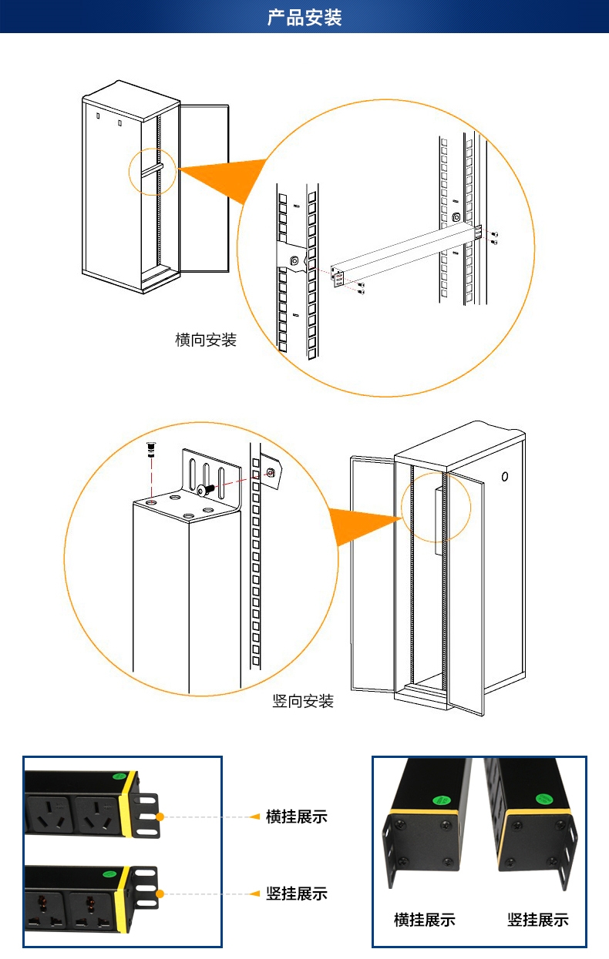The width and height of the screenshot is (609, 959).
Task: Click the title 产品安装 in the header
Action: [x=304, y=17]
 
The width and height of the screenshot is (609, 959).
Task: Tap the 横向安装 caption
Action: [x=206, y=340]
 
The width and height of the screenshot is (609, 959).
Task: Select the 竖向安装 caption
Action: [x=304, y=701]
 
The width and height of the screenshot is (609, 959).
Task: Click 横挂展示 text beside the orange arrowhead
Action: [x=297, y=816]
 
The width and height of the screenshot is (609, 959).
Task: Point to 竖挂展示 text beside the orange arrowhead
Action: [x=297, y=894]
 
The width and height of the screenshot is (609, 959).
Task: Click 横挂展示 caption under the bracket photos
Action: [x=424, y=920]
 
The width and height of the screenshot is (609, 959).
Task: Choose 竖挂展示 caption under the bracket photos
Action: [x=538, y=920]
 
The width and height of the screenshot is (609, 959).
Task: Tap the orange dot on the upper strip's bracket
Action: [x=160, y=816]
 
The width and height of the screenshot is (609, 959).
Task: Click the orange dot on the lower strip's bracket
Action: [x=160, y=894]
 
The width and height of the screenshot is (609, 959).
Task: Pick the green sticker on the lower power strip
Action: [x=109, y=873]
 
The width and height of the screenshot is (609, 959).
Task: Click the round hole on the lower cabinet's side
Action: [x=505, y=477]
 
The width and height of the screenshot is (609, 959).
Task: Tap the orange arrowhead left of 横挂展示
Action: [x=254, y=816]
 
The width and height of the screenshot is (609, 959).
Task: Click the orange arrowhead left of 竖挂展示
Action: [x=254, y=894]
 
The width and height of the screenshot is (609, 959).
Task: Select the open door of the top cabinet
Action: [x=204, y=189]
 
